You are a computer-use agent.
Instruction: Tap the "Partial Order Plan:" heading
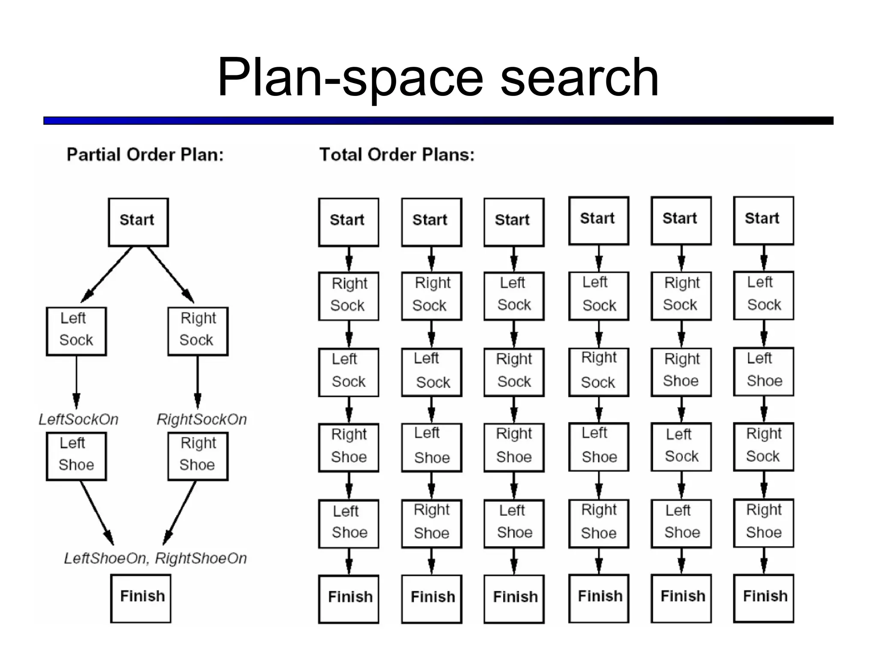(x=145, y=155)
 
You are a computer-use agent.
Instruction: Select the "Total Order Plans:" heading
(x=397, y=155)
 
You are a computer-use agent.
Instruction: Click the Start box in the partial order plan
(x=138, y=222)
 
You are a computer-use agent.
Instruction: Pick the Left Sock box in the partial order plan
(x=76, y=331)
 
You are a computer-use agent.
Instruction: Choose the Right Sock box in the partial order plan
(x=198, y=331)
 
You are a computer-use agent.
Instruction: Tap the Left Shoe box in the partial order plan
(x=76, y=456)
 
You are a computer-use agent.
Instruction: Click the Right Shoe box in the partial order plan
(x=198, y=456)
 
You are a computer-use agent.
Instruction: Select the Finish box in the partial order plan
(x=141, y=598)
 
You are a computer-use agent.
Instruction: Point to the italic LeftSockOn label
(x=78, y=419)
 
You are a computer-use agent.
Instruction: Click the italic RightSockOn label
(x=202, y=419)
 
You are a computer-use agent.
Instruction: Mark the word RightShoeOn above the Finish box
(x=201, y=559)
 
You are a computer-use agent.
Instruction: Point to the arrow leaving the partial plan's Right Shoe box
(x=180, y=512)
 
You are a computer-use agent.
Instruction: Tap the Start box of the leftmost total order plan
(x=349, y=222)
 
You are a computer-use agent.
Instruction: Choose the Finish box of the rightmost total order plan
(x=764, y=598)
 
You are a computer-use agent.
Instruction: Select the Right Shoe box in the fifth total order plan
(x=681, y=372)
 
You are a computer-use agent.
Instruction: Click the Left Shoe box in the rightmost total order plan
(x=764, y=371)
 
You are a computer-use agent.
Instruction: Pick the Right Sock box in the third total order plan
(x=514, y=372)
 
